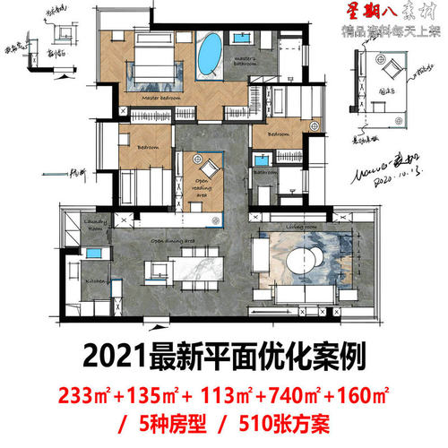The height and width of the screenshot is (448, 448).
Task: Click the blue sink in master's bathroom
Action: (244, 40)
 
